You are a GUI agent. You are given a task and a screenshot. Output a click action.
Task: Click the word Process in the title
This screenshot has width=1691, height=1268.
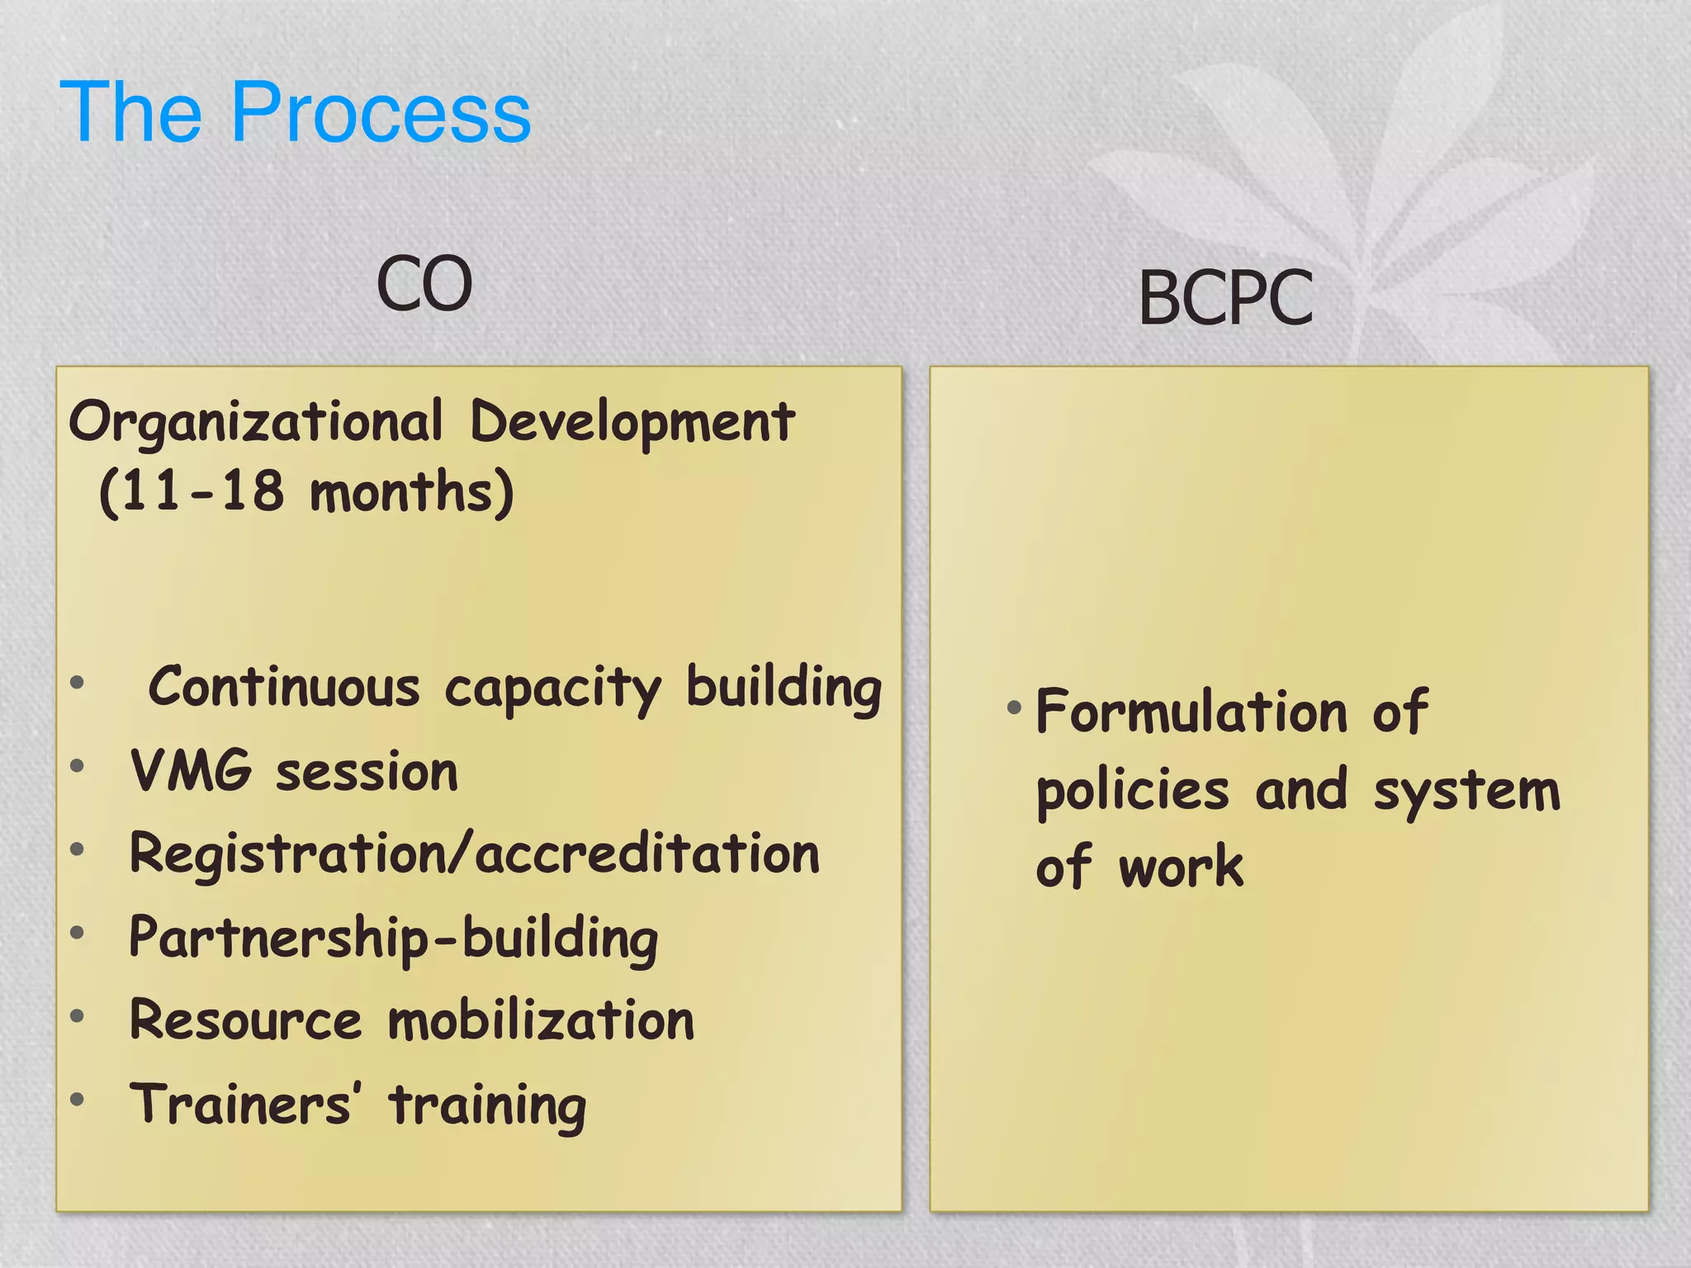tap(381, 112)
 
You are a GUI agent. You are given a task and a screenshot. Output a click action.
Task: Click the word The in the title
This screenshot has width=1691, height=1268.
tap(130, 112)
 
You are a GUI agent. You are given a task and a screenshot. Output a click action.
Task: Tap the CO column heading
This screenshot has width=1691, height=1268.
tap(424, 284)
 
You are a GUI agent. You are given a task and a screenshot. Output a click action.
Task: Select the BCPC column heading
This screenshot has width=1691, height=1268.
tap(1225, 298)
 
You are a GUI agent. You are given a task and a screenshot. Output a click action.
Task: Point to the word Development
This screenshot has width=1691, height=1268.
tap(632, 423)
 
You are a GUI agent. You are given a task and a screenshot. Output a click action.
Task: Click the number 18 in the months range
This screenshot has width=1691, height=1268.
tap(252, 491)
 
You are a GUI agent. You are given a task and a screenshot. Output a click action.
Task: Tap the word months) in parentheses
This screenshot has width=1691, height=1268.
tap(411, 493)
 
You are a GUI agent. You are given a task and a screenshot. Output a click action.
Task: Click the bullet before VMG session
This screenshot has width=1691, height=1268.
tap(78, 766)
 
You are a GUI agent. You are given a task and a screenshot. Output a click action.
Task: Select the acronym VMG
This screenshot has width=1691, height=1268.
tap(191, 771)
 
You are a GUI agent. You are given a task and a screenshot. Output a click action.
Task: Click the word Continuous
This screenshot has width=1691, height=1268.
tap(284, 687)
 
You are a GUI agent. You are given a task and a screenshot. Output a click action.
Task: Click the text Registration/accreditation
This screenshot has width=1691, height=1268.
tap(475, 854)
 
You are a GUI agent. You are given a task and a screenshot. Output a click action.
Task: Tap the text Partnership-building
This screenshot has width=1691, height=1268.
tap(394, 939)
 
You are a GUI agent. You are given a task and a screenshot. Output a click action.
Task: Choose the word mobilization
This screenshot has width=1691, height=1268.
tap(541, 1020)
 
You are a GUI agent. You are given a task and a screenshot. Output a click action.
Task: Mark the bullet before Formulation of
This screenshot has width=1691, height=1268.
tap(1014, 707)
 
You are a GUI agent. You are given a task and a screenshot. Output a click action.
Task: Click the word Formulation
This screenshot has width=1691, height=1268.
tap(1191, 712)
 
